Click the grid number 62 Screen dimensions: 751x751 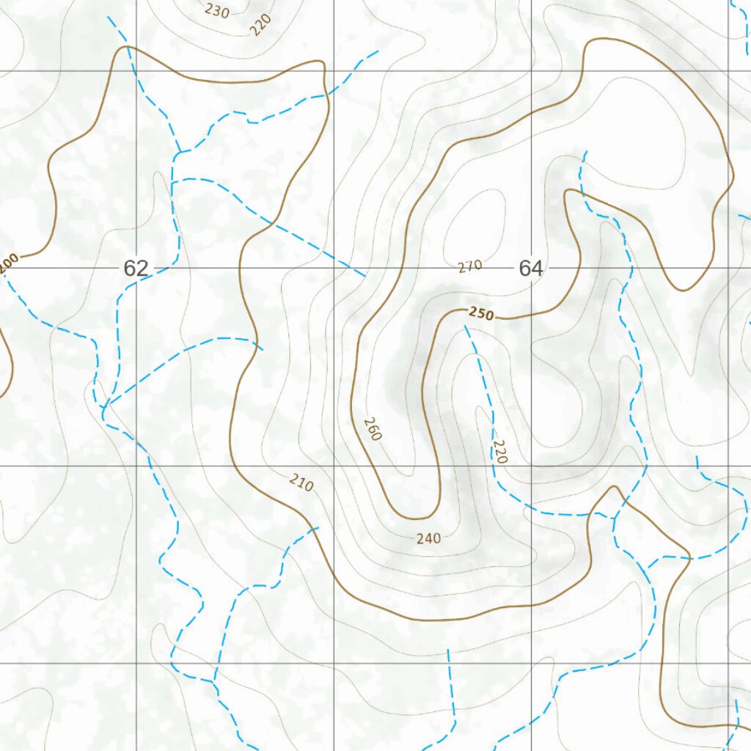click(x=136, y=268)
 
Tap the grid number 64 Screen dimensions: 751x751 click(x=530, y=268)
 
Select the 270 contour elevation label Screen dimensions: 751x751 click(x=469, y=266)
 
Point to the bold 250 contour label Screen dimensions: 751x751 click(x=481, y=315)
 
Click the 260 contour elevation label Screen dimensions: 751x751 click(x=373, y=429)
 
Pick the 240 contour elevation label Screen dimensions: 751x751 click(x=428, y=539)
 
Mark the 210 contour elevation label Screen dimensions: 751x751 click(x=301, y=483)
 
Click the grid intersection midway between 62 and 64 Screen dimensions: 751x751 click(x=334, y=268)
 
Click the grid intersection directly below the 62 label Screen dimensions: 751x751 click(x=136, y=466)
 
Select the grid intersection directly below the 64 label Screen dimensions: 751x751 click(x=531, y=466)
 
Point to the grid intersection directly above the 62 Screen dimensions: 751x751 click(x=136, y=70)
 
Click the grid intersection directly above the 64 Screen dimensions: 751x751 click(x=531, y=70)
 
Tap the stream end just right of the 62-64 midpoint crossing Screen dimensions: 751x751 click(x=364, y=276)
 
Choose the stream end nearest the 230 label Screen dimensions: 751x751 click(x=109, y=17)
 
